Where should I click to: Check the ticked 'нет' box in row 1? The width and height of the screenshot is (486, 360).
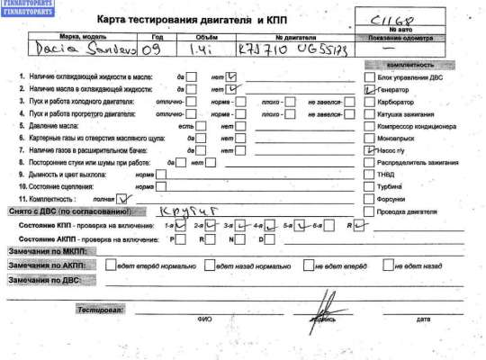click(x=233, y=76)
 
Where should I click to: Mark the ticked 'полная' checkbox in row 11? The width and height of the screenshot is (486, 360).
click(x=124, y=197)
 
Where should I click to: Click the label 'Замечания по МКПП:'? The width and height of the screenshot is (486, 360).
click(x=41, y=253)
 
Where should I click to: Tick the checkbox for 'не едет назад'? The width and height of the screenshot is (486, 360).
click(x=389, y=266)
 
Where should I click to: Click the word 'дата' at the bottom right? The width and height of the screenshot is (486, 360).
click(x=423, y=318)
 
